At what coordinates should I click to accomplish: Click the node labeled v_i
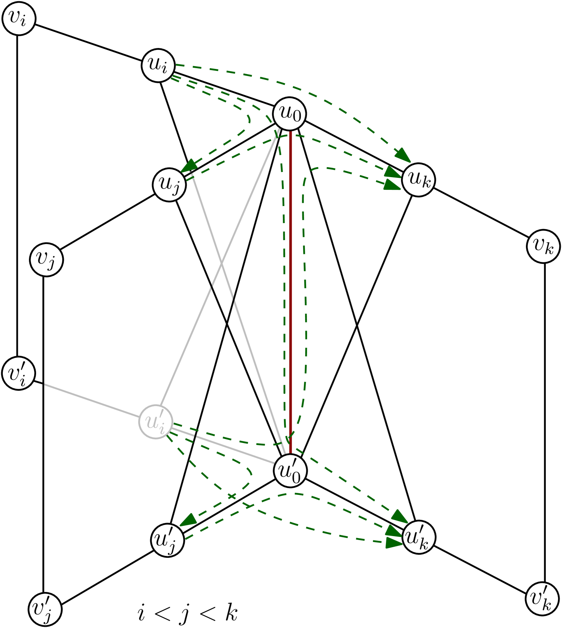(19, 19)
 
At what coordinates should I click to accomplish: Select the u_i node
(158, 65)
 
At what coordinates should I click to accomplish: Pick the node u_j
(169, 184)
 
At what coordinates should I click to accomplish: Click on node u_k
(419, 180)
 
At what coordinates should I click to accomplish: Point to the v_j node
(46, 260)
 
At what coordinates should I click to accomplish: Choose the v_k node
(543, 246)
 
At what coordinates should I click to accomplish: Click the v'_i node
(19, 373)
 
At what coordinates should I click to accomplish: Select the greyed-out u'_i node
(156, 422)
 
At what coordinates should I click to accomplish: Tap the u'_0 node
(290, 471)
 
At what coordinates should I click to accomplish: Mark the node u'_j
(167, 540)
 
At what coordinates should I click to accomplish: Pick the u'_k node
(419, 537)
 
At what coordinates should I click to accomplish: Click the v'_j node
(45, 609)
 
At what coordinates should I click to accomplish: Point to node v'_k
(542, 599)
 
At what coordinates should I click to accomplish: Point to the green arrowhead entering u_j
(189, 166)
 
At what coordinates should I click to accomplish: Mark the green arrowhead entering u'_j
(188, 520)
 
